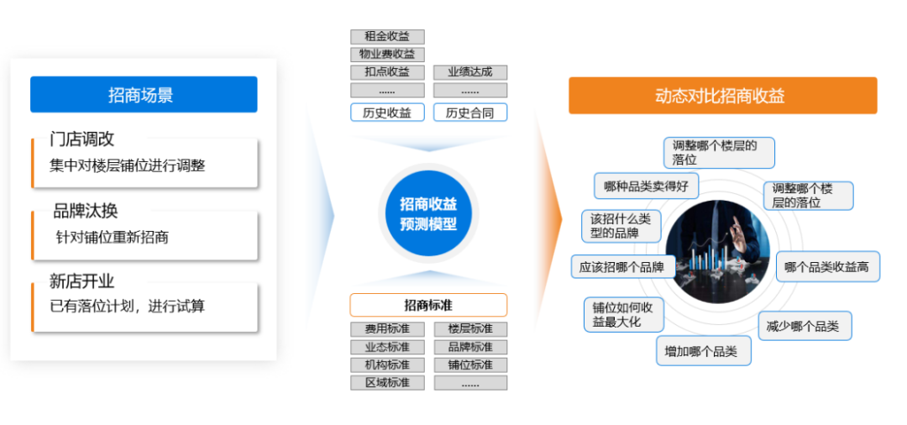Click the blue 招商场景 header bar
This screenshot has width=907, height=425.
point(144,95)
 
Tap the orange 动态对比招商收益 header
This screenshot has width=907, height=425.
point(722,96)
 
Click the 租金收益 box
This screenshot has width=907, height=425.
point(387,37)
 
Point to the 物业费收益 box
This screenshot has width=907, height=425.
point(387,55)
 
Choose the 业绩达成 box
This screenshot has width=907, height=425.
point(470,72)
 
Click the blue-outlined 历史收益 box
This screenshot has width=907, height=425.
point(387,113)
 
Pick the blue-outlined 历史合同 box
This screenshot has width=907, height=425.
point(470,113)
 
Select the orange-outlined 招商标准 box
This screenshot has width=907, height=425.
point(428,305)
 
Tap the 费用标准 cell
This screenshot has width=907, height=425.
point(387,329)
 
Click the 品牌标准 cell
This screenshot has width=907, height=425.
point(470,347)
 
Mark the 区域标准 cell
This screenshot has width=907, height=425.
point(387,383)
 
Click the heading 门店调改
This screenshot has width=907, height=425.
point(82,139)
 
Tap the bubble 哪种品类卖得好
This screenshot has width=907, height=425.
point(646,186)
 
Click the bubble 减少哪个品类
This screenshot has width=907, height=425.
point(804,326)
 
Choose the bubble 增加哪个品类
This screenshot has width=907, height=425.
point(703,351)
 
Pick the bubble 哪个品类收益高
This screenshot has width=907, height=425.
point(827,267)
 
